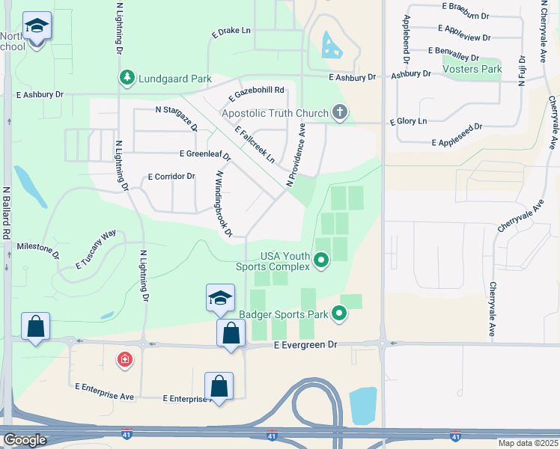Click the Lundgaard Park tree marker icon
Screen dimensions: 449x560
(127, 77)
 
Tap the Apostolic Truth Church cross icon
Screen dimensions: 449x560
(340, 113)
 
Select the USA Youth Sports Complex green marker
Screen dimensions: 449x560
(321, 260)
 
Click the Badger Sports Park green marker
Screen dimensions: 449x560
(339, 314)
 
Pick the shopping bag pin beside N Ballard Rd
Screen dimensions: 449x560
(35, 327)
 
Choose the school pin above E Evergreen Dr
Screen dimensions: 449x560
(220, 298)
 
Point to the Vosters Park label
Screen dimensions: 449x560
(472, 69)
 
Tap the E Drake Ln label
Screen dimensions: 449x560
(231, 31)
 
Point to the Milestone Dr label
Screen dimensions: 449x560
(38, 249)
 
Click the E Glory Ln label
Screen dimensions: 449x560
(408, 121)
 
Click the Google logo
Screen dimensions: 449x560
(25, 439)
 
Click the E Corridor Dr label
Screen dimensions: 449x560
(171, 177)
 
